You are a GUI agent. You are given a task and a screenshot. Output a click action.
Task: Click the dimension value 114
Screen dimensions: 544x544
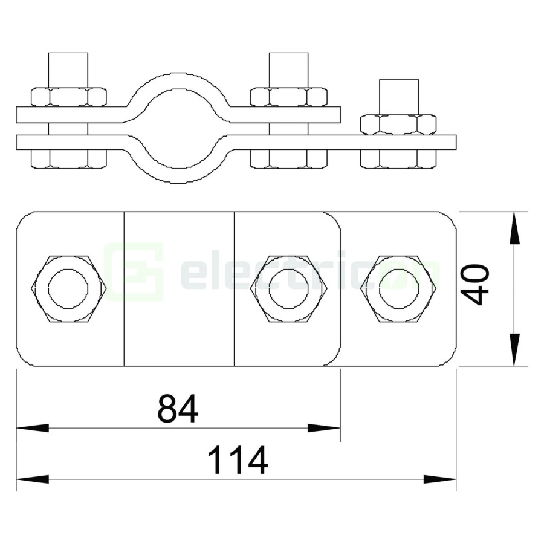point(238,461)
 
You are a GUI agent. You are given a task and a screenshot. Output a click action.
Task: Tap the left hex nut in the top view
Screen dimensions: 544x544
point(69,288)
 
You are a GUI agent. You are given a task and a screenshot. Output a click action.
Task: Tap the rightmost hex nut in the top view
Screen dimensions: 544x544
point(399,288)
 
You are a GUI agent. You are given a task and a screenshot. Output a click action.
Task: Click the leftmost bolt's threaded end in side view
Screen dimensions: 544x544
point(68,69)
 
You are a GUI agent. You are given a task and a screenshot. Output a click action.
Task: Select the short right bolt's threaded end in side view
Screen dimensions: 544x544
point(398,95)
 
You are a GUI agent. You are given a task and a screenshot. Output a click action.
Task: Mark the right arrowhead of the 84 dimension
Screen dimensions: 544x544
point(325,428)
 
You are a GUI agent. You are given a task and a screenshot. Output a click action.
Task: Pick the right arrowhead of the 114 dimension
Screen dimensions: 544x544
point(439,479)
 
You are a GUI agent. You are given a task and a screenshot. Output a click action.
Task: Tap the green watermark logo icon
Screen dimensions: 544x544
point(134,272)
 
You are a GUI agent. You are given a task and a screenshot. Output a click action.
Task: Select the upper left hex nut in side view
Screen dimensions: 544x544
point(68,97)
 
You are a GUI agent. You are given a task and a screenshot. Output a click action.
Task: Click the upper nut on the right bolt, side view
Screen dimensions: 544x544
point(398,124)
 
